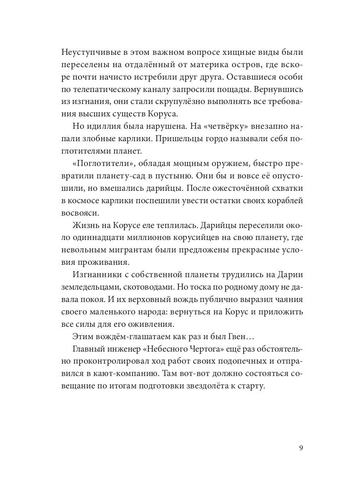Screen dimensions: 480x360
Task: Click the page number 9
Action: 301,447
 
